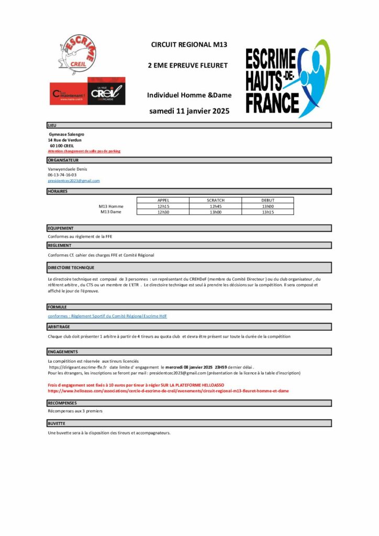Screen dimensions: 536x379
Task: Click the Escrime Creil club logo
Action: [x=76, y=54]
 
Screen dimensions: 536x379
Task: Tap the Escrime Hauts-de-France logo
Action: [x=287, y=79]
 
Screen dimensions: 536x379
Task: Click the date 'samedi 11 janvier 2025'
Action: [x=189, y=111]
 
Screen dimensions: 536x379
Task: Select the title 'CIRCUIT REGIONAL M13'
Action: [x=189, y=45]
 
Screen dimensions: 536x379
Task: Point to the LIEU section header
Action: [x=52, y=126]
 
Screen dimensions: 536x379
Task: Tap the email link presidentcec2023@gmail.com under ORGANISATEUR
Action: [x=73, y=181]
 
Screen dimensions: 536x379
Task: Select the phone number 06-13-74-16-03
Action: [x=62, y=175]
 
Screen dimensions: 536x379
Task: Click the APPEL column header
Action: [x=163, y=200]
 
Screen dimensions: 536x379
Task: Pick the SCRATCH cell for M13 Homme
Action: [x=215, y=206]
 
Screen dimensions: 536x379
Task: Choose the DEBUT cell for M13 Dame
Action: [x=267, y=212]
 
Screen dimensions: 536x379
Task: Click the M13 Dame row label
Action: [x=110, y=212]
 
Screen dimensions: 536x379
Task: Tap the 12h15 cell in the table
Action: [x=163, y=206]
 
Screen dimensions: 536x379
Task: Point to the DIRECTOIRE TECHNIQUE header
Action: [x=71, y=267]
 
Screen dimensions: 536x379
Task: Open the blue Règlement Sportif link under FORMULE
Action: [x=107, y=316]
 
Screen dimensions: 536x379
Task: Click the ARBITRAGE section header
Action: [x=59, y=327]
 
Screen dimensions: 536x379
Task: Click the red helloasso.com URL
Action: [x=168, y=390]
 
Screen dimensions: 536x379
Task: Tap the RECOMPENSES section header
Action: [x=62, y=403]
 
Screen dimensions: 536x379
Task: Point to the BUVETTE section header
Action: [x=56, y=423]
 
